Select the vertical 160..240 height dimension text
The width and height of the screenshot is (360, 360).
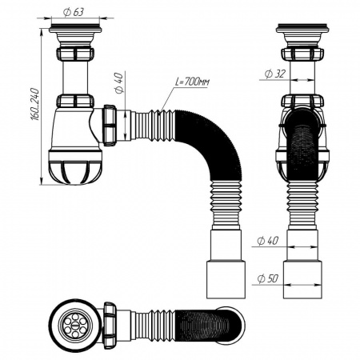click(33, 104)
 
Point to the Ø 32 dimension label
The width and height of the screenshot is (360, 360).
click(272, 74)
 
